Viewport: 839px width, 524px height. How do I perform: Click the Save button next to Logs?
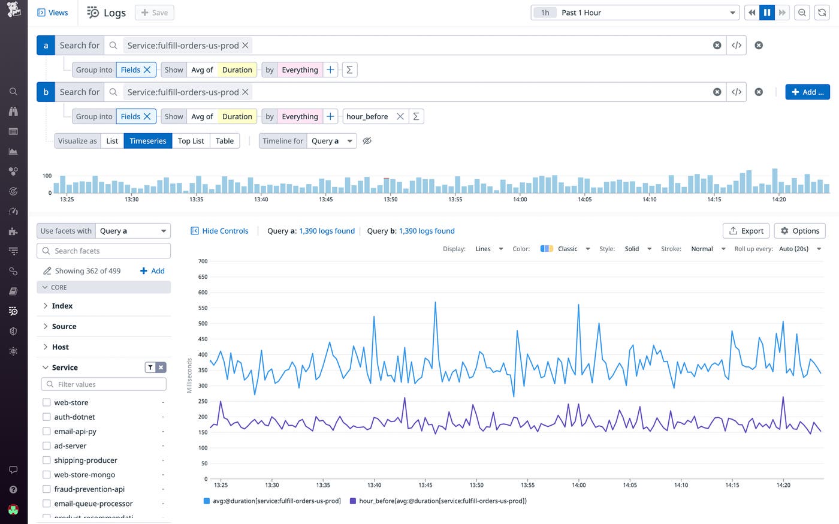click(x=155, y=13)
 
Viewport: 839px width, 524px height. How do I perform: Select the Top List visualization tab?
click(x=191, y=141)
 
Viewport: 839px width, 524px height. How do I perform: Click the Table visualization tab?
click(x=225, y=141)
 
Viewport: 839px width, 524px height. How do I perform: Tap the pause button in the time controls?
click(x=766, y=13)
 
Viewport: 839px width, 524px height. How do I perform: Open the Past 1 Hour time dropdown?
click(x=635, y=13)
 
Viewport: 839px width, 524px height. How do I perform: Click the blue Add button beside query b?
click(x=807, y=92)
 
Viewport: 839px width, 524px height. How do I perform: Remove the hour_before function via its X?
click(x=400, y=116)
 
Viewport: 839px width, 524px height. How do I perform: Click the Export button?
click(x=746, y=231)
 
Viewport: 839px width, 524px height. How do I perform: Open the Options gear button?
click(x=799, y=231)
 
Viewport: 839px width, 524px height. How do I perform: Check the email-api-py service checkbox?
click(x=47, y=431)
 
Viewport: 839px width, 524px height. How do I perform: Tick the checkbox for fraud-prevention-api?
click(x=47, y=489)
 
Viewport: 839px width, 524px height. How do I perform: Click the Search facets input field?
click(x=104, y=251)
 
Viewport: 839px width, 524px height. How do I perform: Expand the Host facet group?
click(x=60, y=347)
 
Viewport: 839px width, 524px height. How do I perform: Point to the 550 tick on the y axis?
click(x=203, y=308)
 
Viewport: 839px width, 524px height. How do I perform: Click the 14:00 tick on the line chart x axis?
click(x=578, y=484)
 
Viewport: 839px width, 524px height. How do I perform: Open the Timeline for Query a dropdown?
click(x=333, y=141)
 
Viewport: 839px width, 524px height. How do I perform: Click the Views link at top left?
click(x=53, y=13)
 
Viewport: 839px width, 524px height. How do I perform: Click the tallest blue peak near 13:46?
click(x=435, y=303)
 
